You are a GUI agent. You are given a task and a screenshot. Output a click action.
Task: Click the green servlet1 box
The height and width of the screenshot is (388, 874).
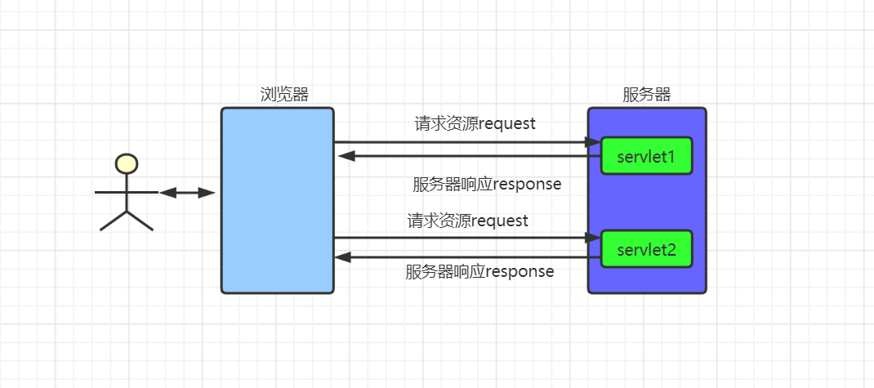coord(646,155)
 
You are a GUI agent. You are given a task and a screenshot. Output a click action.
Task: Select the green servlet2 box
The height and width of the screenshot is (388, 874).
coord(646,249)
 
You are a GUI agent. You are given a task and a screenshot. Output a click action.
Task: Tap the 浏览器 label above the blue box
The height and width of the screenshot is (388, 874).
coord(284,94)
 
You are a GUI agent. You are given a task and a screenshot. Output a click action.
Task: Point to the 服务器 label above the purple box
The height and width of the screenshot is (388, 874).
coord(646,94)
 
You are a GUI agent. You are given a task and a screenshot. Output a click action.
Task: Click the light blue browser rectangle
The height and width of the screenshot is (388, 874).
coord(278,200)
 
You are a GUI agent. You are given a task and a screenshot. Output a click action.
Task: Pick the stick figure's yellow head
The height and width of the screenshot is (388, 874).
coord(127,163)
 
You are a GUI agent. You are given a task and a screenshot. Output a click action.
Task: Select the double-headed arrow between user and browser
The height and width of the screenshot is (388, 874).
coord(187,193)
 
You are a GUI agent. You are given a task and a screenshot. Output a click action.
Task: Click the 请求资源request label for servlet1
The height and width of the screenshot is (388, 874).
coord(475,123)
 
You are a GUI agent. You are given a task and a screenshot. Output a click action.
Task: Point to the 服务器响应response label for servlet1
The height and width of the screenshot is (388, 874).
coord(487,184)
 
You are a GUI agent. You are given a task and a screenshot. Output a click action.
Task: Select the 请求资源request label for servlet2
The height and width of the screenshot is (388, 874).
coord(467,221)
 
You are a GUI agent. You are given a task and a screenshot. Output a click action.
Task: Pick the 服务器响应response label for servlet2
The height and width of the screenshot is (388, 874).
coord(479,271)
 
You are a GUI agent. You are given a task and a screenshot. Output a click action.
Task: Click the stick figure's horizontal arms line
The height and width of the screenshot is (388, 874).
coord(127,193)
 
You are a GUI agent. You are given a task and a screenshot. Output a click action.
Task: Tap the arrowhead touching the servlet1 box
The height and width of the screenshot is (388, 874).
coord(593,142)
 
